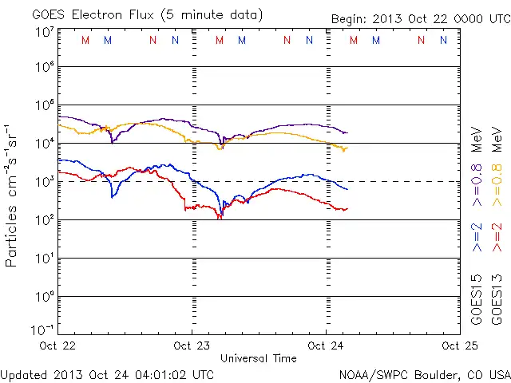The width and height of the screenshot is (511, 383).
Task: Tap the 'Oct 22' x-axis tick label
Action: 57,345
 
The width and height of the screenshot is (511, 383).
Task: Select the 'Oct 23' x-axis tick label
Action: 192,345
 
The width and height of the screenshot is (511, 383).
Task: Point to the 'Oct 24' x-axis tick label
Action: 326,345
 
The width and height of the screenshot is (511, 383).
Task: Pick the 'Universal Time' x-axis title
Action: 258,358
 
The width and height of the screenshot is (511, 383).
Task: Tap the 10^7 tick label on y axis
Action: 43,33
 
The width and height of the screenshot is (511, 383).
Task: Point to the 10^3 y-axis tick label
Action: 43,181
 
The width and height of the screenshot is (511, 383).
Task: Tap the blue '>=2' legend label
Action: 477,237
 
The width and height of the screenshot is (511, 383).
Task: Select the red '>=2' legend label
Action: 497,237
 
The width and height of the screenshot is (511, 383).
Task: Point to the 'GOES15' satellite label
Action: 477,299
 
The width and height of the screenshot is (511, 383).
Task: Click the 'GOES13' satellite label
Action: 497,299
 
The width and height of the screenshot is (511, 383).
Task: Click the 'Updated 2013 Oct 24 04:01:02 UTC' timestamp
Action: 107,373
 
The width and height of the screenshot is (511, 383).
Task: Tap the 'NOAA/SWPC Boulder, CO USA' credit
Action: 424,373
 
